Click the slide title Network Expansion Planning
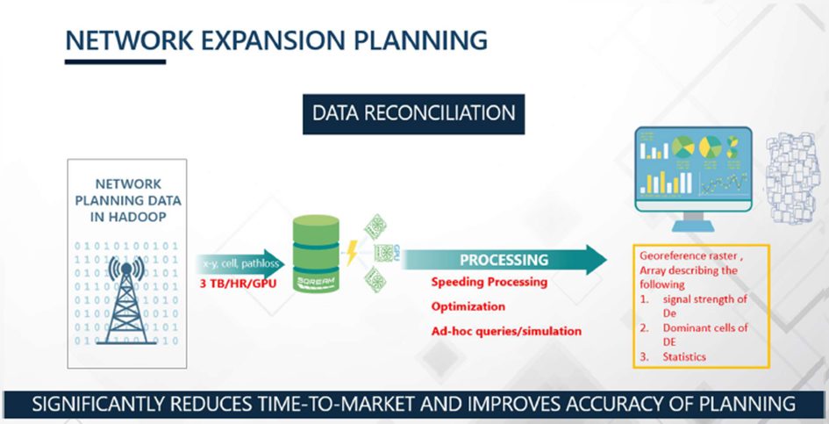click(x=276, y=40)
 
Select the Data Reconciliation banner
click(x=413, y=113)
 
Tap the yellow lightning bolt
click(x=353, y=255)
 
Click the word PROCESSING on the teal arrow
click(x=504, y=260)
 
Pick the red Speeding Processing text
click(x=489, y=282)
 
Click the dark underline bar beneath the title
click(x=115, y=61)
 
